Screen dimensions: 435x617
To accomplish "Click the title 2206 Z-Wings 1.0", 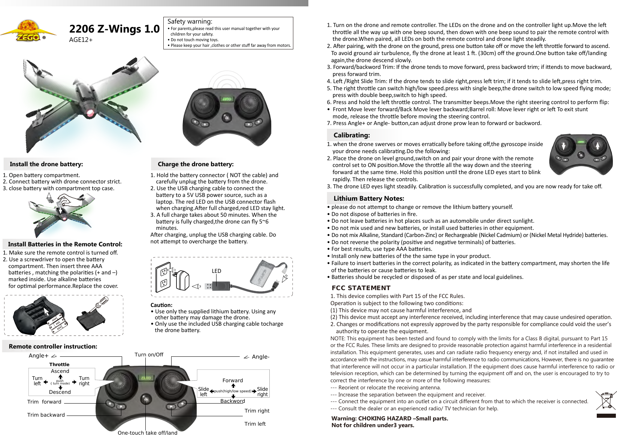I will pyautogui.click(x=114, y=29).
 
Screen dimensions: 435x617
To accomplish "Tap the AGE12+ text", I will pyautogui.click(x=81, y=40).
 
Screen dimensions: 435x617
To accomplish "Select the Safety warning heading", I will pyautogui.click(x=190, y=21).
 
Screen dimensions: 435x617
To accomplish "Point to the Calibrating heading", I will pyautogui.click(x=351, y=135).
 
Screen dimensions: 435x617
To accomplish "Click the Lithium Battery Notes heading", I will pyautogui.click(x=369, y=198).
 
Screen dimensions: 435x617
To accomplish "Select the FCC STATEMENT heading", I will pyautogui.click(x=361, y=288).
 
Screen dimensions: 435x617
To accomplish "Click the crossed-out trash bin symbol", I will pyautogui.click(x=606, y=401).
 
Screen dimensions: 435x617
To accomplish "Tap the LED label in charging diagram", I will pyautogui.click(x=216, y=271).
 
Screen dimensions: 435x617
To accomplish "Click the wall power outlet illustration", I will pyautogui.click(x=164, y=278).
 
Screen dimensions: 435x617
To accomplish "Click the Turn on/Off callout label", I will pyautogui.click(x=149, y=355).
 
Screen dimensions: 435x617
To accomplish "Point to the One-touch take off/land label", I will pyautogui.click(x=147, y=433).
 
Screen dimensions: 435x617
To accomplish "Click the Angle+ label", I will pyautogui.click(x=39, y=356).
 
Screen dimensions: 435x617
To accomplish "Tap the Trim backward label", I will pyautogui.click(x=46, y=415).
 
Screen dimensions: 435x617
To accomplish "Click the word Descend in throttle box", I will pyautogui.click(x=60, y=392).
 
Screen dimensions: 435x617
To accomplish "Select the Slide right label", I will pyautogui.click(x=262, y=392).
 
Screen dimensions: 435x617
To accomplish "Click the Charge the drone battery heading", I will pyautogui.click(x=196, y=164).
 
